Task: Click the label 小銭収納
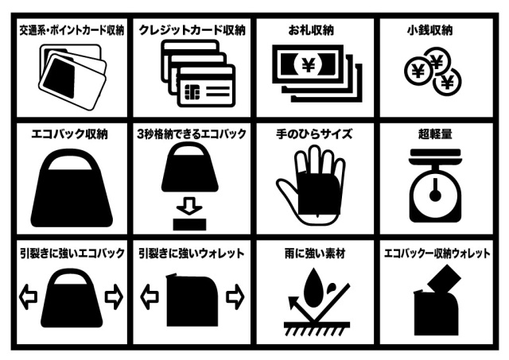[429, 30]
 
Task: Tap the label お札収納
[311, 30]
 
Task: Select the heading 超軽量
[435, 134]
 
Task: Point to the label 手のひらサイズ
[313, 134]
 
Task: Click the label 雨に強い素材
[315, 254]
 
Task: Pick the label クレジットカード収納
[192, 30]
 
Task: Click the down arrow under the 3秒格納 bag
[189, 206]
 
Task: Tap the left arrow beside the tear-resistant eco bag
[29, 296]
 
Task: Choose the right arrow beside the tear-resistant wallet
[235, 296]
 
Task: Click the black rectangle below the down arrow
[189, 224]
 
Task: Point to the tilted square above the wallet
[444, 279]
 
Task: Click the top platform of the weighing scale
[435, 155]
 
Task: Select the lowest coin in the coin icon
[447, 83]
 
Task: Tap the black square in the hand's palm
[319, 194]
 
